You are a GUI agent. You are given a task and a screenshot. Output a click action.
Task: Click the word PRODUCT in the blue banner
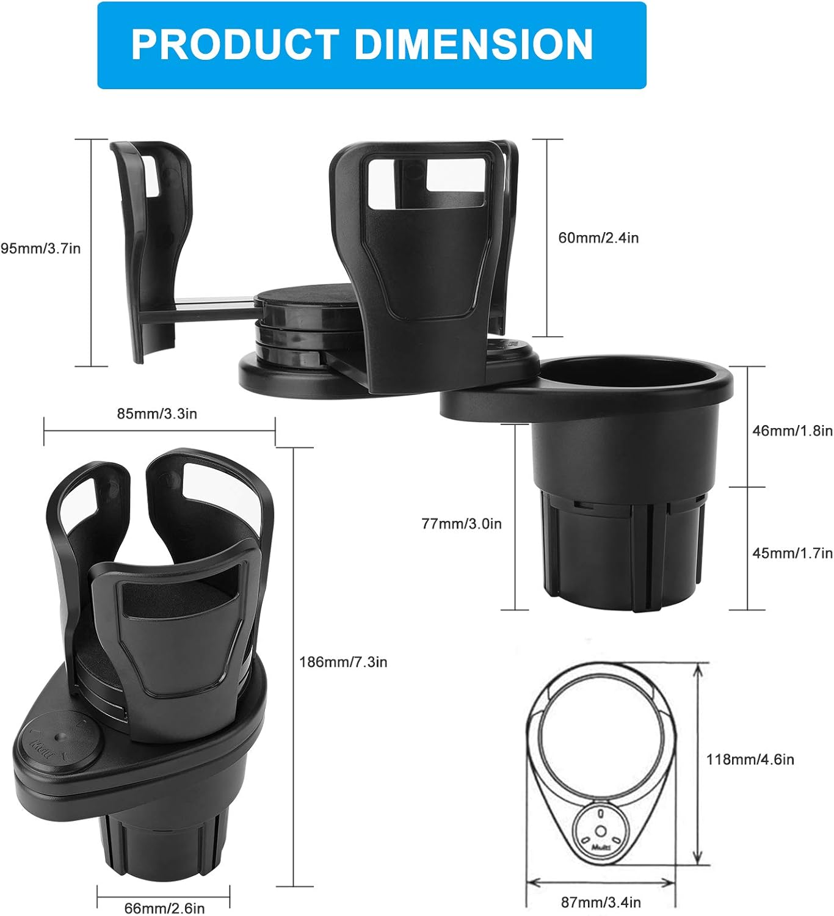[235, 45]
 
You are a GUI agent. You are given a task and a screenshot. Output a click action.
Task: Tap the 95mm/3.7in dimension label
[40, 249]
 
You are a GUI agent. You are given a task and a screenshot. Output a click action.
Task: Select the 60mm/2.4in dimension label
[598, 238]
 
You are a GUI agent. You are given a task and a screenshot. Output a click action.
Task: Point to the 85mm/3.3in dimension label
[157, 413]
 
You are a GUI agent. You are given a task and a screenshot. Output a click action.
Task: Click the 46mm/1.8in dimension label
[792, 431]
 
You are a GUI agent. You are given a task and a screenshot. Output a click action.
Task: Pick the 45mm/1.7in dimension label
[792, 553]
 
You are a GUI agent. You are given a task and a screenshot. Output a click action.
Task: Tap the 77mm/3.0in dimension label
[462, 523]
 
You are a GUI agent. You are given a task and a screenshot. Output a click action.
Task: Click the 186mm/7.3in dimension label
[343, 662]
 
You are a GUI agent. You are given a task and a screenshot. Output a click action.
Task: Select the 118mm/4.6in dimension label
[750, 760]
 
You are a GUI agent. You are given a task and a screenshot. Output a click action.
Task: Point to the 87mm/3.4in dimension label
[601, 902]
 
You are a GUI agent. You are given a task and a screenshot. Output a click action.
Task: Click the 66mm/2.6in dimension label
[164, 908]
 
